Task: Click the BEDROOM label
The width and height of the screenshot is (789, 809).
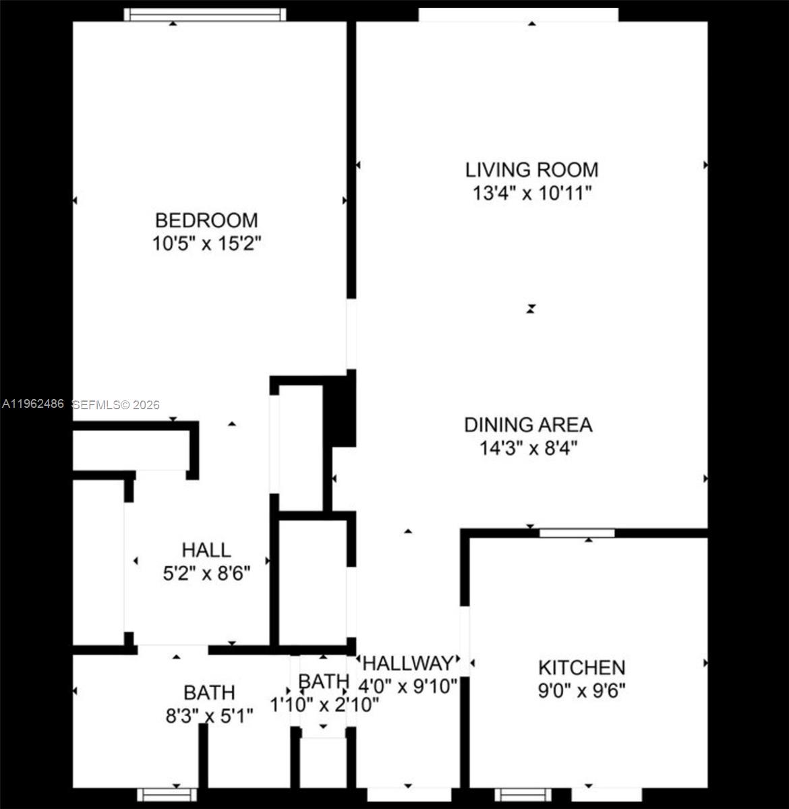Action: [206, 220]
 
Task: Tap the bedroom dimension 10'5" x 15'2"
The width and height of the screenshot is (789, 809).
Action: [206, 243]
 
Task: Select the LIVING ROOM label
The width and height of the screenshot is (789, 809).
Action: [531, 170]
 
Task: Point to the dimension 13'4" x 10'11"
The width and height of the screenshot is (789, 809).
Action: [531, 193]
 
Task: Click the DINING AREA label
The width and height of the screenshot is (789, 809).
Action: [528, 425]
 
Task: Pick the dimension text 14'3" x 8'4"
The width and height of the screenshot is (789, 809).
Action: [528, 448]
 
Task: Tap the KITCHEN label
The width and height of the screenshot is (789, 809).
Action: [581, 667]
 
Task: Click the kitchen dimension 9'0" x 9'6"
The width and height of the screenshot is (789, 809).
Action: [581, 691]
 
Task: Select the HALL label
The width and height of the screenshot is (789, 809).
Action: [206, 550]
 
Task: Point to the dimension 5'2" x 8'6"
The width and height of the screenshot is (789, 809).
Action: [206, 574]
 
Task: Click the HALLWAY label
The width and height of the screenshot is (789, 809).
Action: [408, 663]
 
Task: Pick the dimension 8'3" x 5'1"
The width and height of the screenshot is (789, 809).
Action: [209, 715]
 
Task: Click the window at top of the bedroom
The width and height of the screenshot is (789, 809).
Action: [205, 15]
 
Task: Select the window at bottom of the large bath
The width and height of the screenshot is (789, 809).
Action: [167, 795]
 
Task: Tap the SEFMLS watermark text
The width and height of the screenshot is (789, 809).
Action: [116, 405]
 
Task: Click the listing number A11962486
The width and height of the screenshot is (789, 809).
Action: [32, 404]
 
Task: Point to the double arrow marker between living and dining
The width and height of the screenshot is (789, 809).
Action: [531, 309]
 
